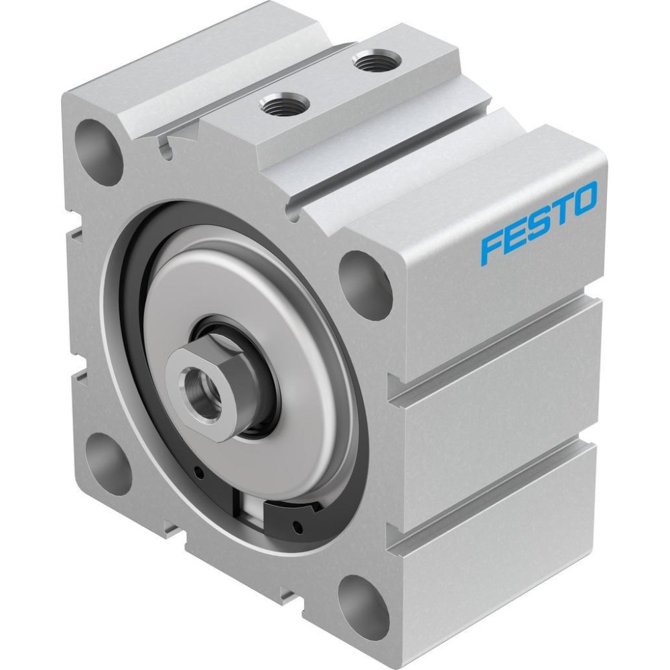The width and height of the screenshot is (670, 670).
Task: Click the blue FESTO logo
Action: pos(539,221)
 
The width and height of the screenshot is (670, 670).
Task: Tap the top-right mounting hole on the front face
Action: pos(364,285)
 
